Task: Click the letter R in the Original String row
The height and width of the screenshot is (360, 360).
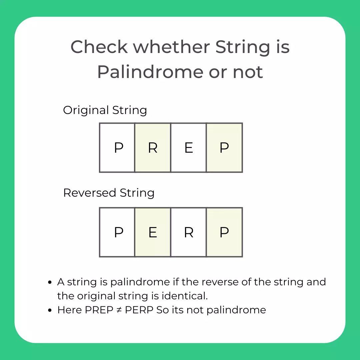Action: (x=153, y=148)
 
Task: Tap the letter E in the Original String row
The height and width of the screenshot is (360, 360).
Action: (x=189, y=148)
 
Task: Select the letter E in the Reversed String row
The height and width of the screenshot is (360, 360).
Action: (x=153, y=232)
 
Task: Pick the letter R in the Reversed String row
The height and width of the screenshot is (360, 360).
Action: (x=189, y=232)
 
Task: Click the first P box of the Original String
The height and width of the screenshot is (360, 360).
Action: (x=117, y=148)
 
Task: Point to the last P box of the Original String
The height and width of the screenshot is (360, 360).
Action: (x=224, y=148)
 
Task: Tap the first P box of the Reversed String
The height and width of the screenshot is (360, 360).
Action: (x=117, y=232)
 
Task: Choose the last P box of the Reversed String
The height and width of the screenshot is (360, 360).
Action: (x=224, y=232)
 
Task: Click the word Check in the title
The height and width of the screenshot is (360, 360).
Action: (x=99, y=47)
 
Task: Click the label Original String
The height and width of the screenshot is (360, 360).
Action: (x=105, y=110)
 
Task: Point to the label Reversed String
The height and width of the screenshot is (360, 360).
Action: (x=109, y=193)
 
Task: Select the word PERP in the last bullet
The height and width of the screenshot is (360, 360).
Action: (x=139, y=310)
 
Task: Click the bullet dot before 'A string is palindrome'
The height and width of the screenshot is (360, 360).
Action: (x=50, y=283)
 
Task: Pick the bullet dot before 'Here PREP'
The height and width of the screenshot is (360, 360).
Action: (x=50, y=310)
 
